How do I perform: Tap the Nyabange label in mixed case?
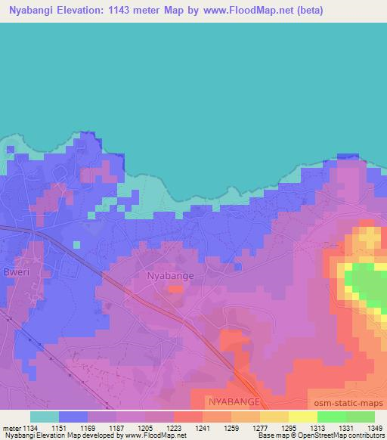coord(170,276)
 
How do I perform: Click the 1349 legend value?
coord(374,429)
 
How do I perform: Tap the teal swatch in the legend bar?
coord(45,417)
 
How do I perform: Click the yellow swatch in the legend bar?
coord(303,417)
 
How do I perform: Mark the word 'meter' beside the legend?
coord(10,429)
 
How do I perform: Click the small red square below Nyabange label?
coord(175,289)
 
